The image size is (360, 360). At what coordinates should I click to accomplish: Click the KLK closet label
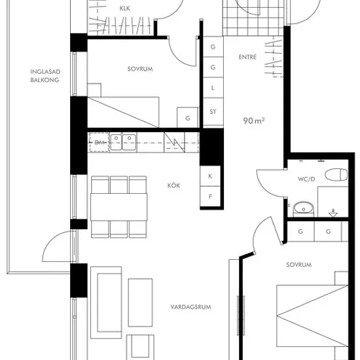tap(124, 9)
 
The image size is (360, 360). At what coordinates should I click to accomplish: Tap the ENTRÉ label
tap(247, 57)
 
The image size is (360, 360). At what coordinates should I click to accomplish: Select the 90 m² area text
tap(254, 120)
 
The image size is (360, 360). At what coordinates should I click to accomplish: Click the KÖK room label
tap(173, 185)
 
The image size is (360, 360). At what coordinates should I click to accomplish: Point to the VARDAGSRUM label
tap(190, 307)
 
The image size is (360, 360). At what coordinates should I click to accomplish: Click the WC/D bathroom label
tap(306, 179)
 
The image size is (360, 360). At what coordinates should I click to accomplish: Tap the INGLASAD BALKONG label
tap(45, 76)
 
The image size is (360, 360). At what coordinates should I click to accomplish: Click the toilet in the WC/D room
tap(336, 175)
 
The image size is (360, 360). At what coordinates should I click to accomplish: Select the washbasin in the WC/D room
tap(304, 209)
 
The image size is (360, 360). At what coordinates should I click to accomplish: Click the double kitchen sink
tap(123, 142)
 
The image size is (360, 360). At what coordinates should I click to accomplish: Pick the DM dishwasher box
tap(99, 142)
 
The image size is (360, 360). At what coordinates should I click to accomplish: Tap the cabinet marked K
tap(210, 176)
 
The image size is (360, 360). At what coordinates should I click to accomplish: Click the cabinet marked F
tap(210, 196)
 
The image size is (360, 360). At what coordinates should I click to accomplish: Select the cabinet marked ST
tap(213, 111)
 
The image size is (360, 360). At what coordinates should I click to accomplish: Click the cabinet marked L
tap(213, 88)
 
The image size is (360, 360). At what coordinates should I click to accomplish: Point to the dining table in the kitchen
tap(119, 207)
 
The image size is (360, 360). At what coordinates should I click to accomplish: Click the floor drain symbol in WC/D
tap(333, 213)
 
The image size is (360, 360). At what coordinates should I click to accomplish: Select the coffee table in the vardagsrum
tap(140, 302)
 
